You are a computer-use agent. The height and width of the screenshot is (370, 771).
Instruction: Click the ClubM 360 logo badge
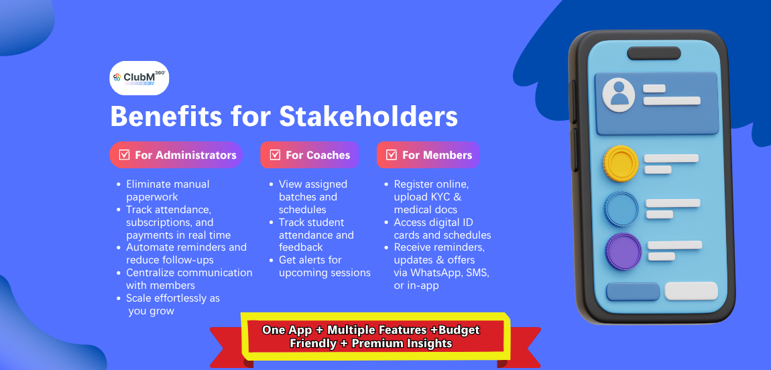tap(139, 78)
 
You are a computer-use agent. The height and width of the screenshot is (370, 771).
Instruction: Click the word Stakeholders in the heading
tap(369, 116)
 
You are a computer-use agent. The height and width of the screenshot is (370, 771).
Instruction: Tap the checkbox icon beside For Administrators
tap(125, 156)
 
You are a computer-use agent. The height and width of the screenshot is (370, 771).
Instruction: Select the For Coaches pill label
tap(309, 155)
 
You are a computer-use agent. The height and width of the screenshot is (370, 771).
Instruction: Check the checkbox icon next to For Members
tap(392, 156)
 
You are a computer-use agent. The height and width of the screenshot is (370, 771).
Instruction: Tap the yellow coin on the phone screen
tap(621, 163)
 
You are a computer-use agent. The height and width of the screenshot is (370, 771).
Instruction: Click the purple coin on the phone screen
tap(624, 251)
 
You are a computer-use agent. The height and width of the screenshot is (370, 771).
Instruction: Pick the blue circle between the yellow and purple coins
tap(621, 209)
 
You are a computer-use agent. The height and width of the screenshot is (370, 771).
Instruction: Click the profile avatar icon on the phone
tap(619, 95)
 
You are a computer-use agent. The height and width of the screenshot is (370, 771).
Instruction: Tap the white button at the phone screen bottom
tap(691, 291)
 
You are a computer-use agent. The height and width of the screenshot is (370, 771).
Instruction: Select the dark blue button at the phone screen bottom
tap(634, 292)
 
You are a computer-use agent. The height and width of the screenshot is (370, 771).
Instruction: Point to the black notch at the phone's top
tap(654, 53)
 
